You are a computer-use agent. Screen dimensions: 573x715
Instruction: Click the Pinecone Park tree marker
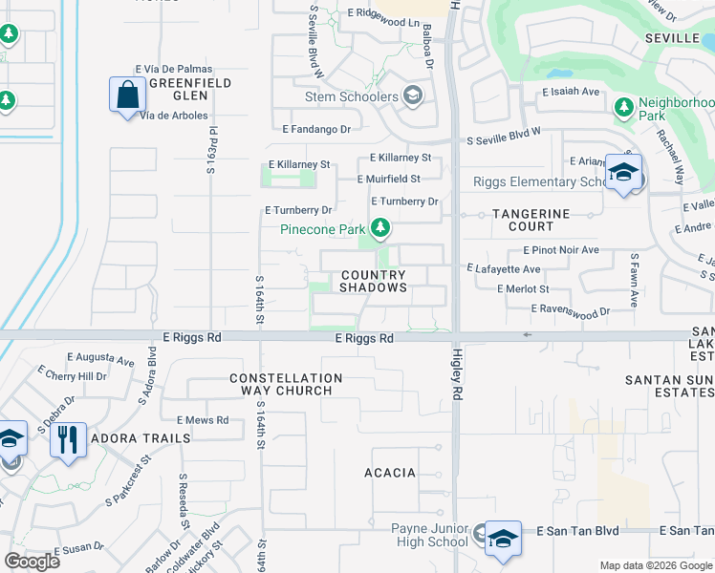pyautogui.click(x=381, y=227)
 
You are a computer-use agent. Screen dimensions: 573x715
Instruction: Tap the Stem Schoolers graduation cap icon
pyautogui.click(x=413, y=95)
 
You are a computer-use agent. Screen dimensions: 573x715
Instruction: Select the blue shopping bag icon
pyautogui.click(x=127, y=95)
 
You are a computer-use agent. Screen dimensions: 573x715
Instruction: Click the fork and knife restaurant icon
pyautogui.click(x=68, y=440)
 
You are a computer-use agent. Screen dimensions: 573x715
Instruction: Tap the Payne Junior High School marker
pyautogui.click(x=503, y=540)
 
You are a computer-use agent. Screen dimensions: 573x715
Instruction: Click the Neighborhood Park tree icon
pyautogui.click(x=624, y=106)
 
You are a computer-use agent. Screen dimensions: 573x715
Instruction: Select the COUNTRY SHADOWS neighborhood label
pyautogui.click(x=374, y=281)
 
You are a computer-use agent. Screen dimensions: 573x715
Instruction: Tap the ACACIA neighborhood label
pyautogui.click(x=390, y=473)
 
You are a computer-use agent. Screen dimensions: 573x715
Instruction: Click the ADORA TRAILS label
pyautogui.click(x=141, y=438)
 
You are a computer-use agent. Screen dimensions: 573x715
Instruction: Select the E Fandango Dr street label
pyautogui.click(x=316, y=128)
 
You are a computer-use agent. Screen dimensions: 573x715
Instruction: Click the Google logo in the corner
pyautogui.click(x=32, y=561)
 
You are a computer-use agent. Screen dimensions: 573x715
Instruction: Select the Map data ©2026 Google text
pyautogui.click(x=655, y=565)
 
